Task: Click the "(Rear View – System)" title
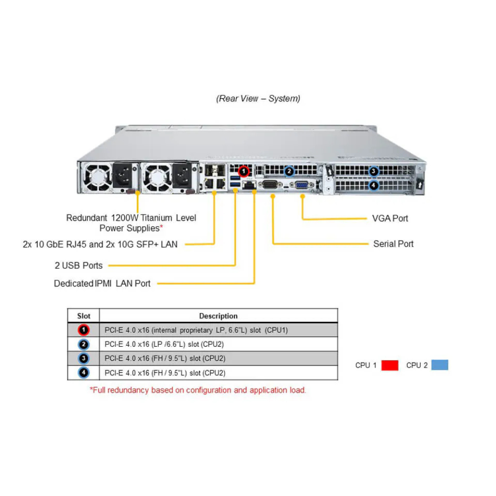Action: click(x=258, y=99)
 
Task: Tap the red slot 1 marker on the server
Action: click(x=244, y=172)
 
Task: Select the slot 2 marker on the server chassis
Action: click(x=289, y=172)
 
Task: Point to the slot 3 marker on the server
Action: click(x=374, y=172)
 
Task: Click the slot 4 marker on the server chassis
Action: click(x=374, y=186)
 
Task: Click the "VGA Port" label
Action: click(x=390, y=218)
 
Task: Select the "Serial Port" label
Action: click(x=393, y=244)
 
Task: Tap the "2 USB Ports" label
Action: click(x=78, y=265)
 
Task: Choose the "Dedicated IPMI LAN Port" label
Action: click(x=102, y=284)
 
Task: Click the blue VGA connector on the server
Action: click(x=302, y=185)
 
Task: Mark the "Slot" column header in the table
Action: click(x=84, y=316)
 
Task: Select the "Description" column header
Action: click(x=218, y=316)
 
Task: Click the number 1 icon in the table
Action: click(x=84, y=330)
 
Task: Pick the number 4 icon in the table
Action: click(x=84, y=372)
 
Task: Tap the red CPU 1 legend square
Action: click(x=390, y=366)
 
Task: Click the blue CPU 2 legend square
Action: click(x=439, y=365)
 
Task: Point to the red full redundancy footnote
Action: click(x=198, y=390)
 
